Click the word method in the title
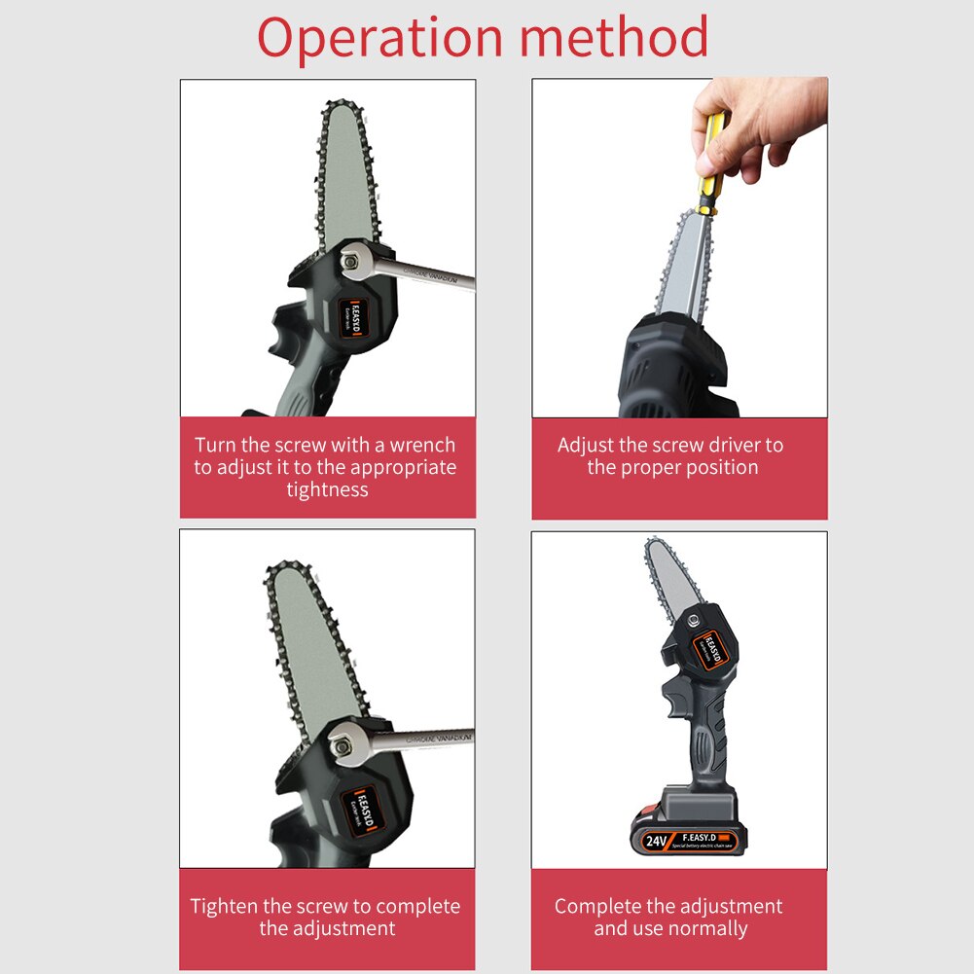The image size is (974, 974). (613, 39)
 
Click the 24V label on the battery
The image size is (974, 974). (658, 837)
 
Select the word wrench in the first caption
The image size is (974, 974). (422, 446)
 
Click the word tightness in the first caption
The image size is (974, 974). (327, 489)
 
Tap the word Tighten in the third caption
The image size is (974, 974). (225, 907)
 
